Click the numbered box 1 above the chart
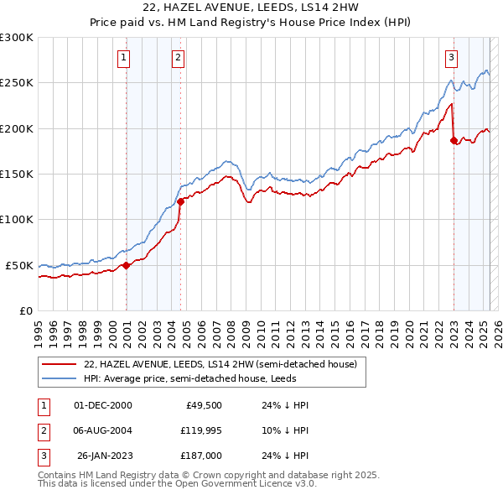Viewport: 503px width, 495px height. (x=123, y=58)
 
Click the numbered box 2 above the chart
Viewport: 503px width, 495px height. (x=179, y=58)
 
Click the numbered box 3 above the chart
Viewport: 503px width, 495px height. (x=451, y=58)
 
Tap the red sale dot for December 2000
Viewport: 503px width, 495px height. (x=127, y=265)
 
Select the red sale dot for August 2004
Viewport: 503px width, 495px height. (x=181, y=201)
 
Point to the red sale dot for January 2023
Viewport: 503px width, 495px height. (x=454, y=141)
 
